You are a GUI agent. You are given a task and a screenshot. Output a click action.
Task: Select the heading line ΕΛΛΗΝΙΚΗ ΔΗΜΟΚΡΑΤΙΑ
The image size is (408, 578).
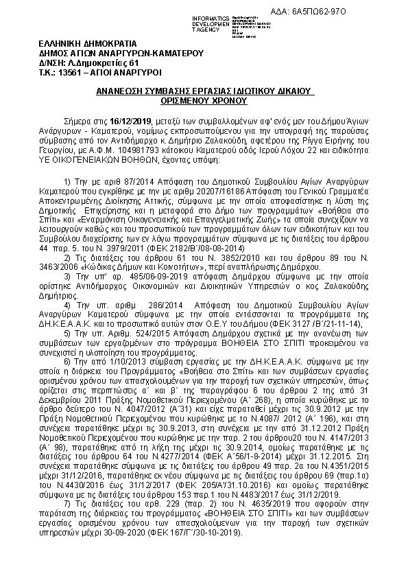(77, 43)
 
